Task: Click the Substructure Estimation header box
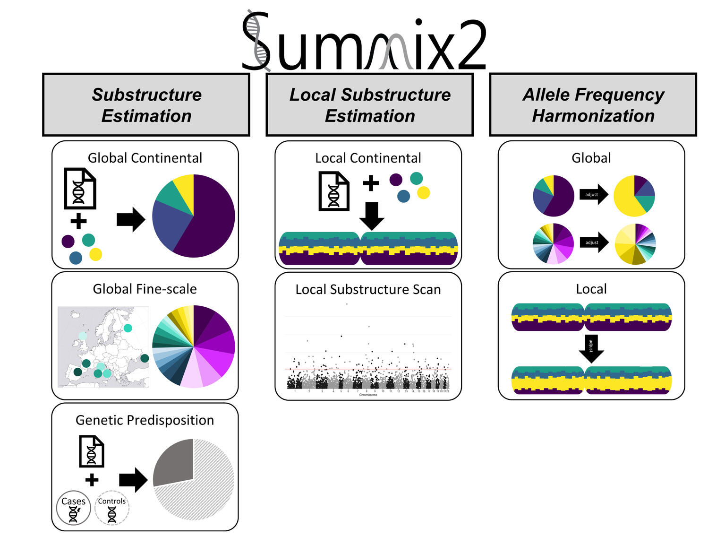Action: (x=146, y=105)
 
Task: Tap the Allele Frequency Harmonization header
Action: (x=593, y=105)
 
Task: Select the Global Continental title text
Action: (x=145, y=158)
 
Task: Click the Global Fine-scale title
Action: (x=145, y=289)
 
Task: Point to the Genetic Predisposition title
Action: (x=145, y=420)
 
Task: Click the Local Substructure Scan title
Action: (x=368, y=289)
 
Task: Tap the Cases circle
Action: (x=73, y=508)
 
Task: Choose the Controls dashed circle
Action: (x=112, y=508)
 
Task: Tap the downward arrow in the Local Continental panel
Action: (x=372, y=216)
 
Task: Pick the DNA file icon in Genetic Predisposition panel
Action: (x=92, y=451)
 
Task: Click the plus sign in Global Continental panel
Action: (x=78, y=221)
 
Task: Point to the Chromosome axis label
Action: (x=368, y=395)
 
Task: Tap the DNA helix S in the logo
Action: (x=256, y=42)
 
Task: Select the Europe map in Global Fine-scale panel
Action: (x=103, y=346)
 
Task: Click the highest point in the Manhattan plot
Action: (x=347, y=304)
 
